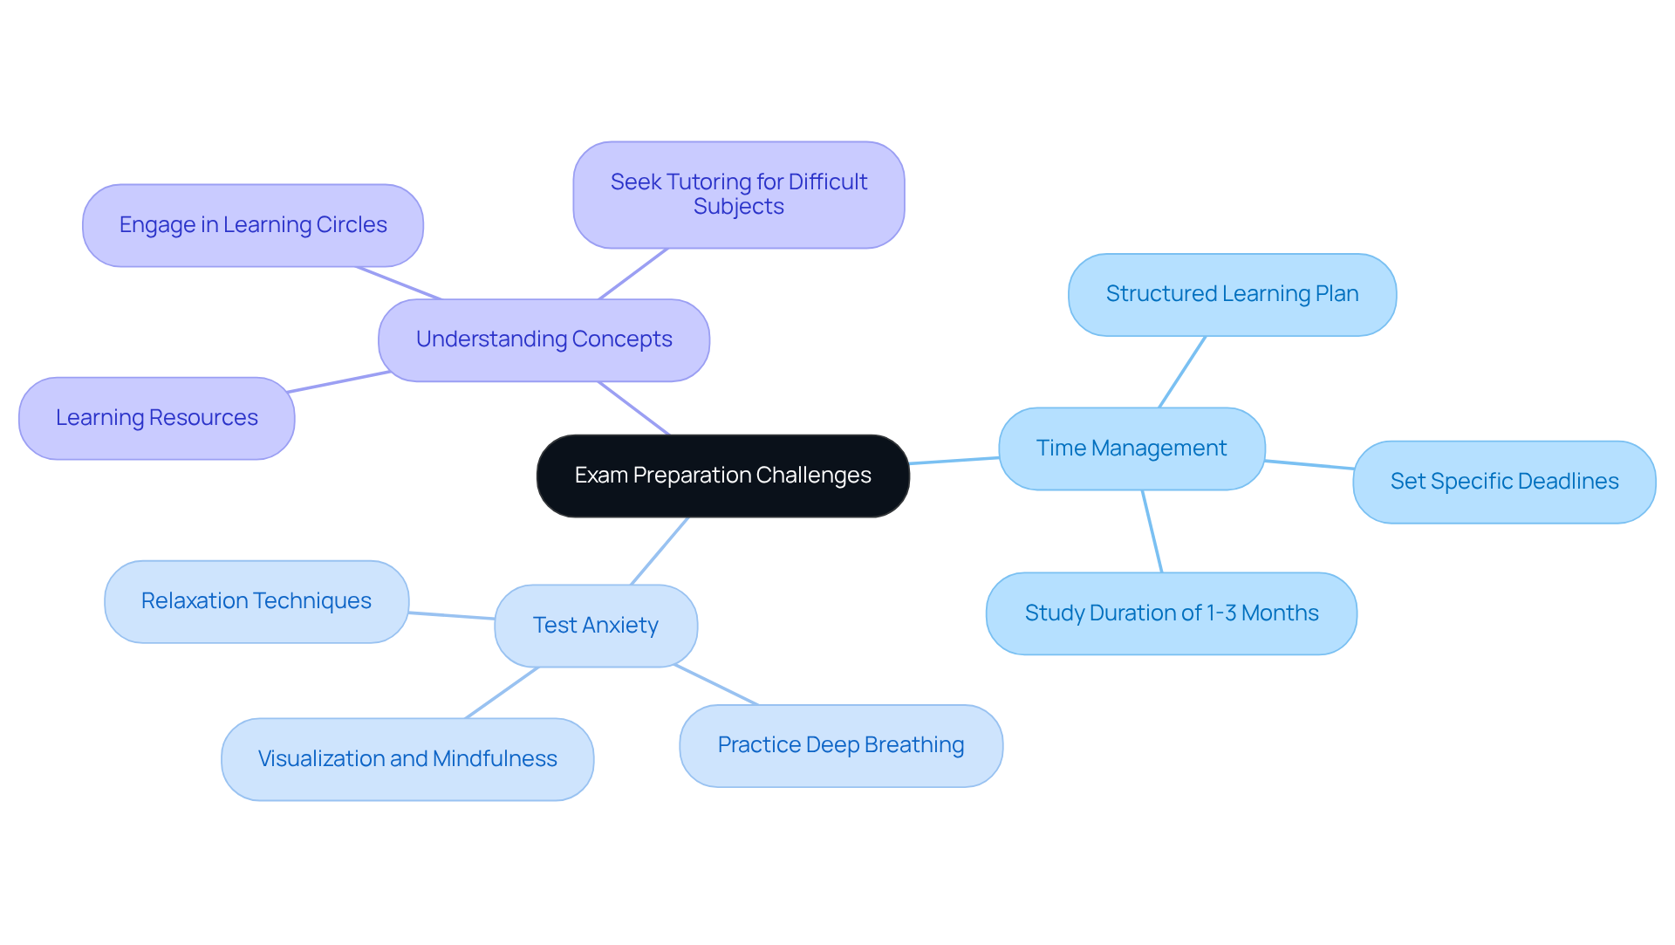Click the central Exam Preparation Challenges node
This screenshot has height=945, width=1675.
tap(722, 476)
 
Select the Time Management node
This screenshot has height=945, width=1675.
tap(1131, 449)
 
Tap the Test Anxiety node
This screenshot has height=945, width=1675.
tap(596, 626)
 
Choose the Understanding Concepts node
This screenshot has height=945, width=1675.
tap(544, 339)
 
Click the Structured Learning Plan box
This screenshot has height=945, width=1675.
tap(1232, 294)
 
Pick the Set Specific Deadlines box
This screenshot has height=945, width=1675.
tap(1504, 482)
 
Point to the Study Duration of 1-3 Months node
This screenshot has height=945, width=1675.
tap(1171, 613)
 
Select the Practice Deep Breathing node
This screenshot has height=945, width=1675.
tap(840, 745)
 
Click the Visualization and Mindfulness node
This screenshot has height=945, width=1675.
tap(407, 759)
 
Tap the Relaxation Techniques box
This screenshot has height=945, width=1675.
tap(256, 601)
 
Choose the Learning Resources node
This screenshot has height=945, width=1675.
tap(156, 418)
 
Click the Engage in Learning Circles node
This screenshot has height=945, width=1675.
tap(252, 225)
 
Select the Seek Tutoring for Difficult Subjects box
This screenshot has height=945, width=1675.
tap(738, 195)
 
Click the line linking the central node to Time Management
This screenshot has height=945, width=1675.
tap(954, 460)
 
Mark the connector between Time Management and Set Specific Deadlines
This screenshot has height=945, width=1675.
tap(1309, 464)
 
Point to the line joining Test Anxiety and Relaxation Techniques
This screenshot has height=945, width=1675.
tap(451, 615)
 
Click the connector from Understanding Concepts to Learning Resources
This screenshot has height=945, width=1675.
tap(338, 382)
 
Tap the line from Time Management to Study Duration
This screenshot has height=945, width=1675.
tap(1152, 531)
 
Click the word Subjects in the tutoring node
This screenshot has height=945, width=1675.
tap(738, 207)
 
